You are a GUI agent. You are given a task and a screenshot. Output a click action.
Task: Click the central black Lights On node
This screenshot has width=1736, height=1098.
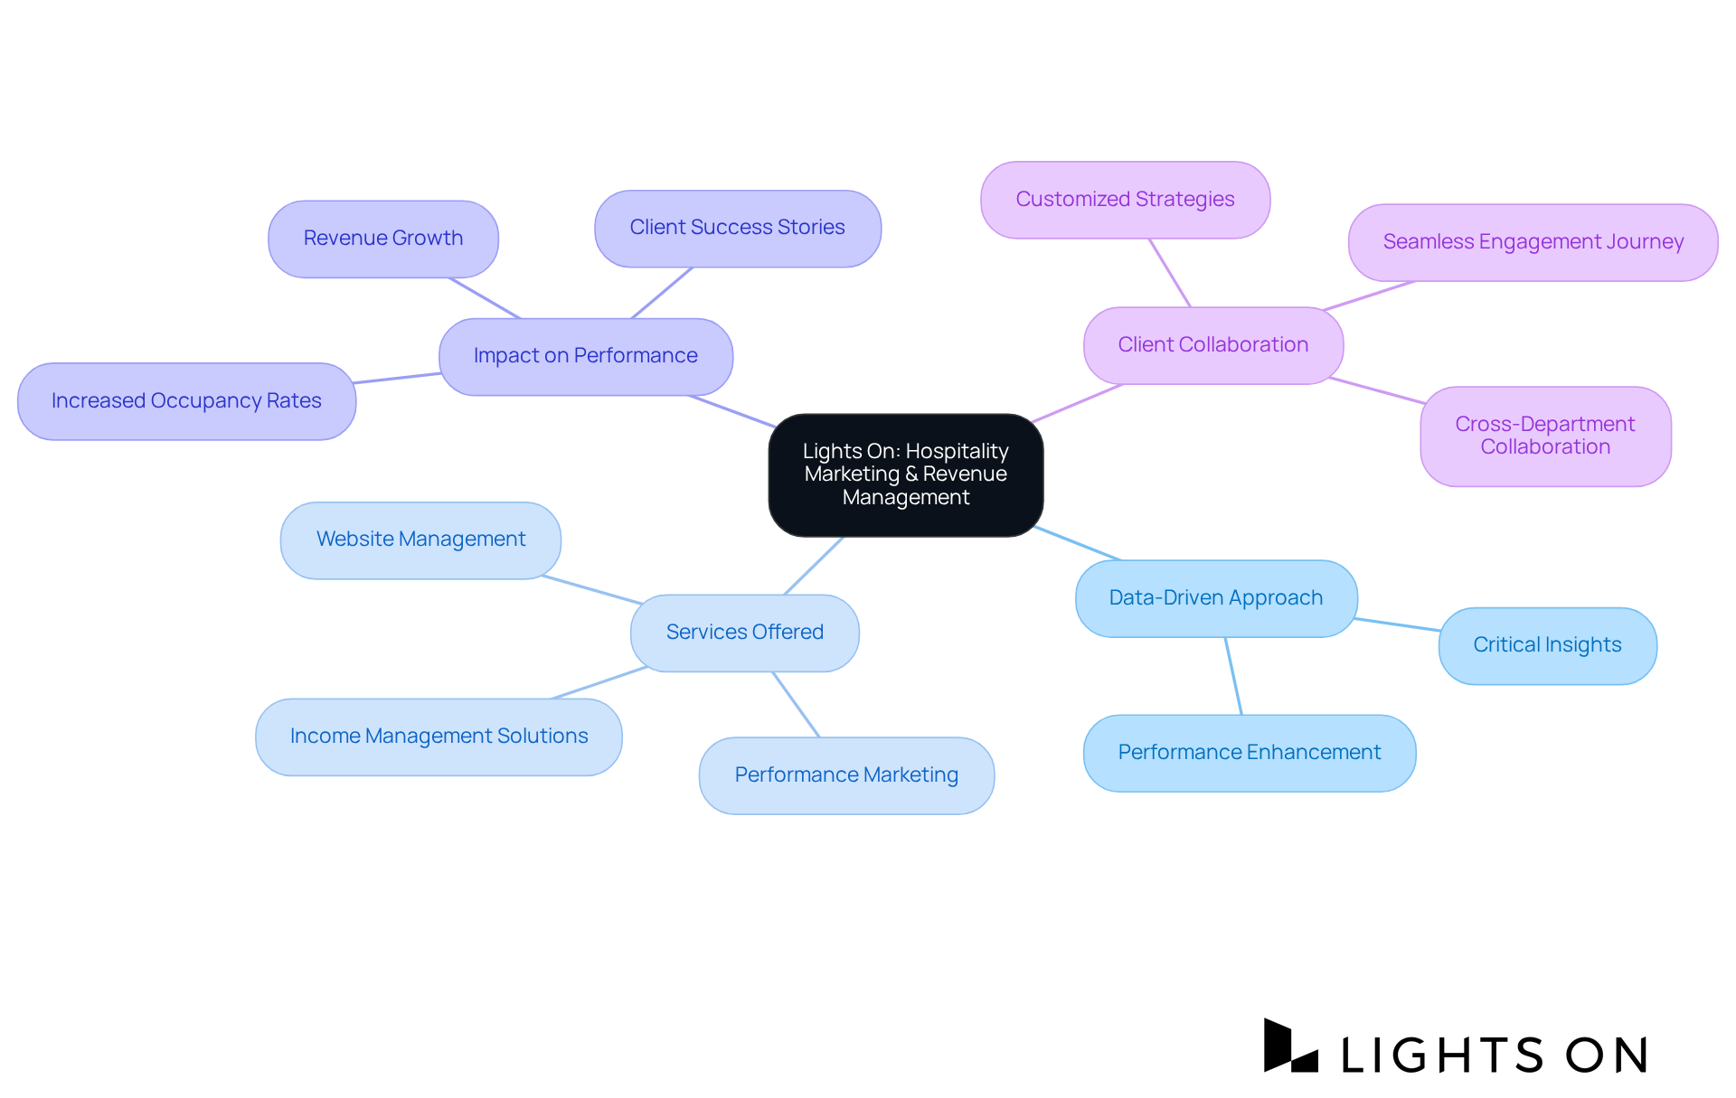click(x=905, y=474)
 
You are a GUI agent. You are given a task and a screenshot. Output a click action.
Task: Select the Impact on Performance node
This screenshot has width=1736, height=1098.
click(x=585, y=356)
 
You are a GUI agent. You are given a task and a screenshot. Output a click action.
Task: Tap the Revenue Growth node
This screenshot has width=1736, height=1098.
click(x=382, y=239)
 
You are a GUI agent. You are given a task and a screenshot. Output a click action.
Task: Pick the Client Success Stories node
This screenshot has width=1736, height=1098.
click(x=737, y=228)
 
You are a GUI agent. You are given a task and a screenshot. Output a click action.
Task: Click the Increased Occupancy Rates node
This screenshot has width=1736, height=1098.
click(x=186, y=401)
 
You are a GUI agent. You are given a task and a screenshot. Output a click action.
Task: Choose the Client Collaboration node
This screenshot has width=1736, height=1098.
click(x=1212, y=345)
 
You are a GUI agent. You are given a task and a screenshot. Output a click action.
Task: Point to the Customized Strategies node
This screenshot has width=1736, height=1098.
click(x=1125, y=200)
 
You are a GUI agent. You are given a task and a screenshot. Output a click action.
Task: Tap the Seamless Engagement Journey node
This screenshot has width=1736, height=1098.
click(x=1533, y=242)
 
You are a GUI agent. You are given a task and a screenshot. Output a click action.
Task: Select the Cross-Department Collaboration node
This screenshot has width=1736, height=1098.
click(x=1544, y=436)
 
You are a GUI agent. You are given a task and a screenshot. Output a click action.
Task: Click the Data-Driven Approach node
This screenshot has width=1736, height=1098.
click(x=1215, y=598)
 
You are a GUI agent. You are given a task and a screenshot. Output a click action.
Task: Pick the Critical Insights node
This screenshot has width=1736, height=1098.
click(x=1547, y=645)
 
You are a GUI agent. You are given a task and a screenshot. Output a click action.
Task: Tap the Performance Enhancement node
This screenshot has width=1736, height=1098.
click(x=1249, y=753)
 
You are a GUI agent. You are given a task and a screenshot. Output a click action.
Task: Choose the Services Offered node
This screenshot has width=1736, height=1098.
click(x=744, y=633)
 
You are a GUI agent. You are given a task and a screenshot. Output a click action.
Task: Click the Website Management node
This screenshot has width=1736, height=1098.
click(x=420, y=540)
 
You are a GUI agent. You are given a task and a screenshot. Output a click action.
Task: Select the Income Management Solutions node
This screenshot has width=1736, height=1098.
click(x=439, y=737)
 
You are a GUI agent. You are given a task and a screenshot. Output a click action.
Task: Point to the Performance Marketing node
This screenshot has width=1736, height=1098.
click(x=846, y=775)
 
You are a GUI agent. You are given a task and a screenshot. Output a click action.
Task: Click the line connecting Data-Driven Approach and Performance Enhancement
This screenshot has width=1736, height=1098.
click(x=1233, y=676)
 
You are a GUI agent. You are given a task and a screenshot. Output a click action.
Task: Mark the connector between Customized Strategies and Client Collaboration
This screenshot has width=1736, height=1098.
click(x=1170, y=273)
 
